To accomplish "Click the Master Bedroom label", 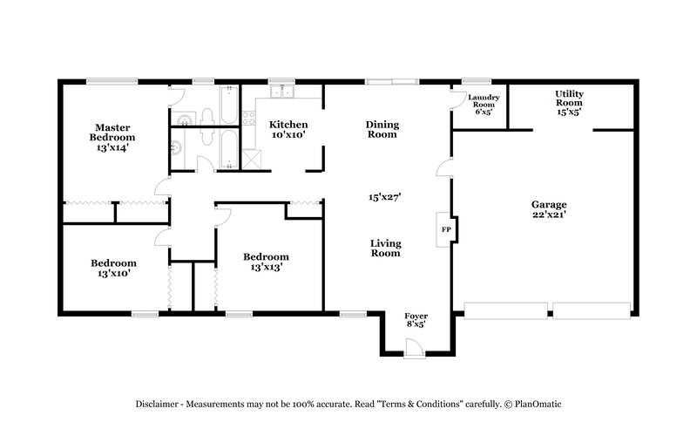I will coord(114,137).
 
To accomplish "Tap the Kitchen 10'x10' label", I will coord(288,130).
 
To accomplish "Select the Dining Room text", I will coord(382,129).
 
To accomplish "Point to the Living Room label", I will coord(384,249).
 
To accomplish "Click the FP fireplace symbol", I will coord(445,229).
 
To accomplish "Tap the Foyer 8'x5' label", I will coord(416,318).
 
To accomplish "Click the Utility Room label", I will coord(569,102).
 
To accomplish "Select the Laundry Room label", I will coord(483,105).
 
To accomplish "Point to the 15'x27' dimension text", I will coord(383,197).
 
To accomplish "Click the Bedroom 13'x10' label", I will coord(114,269).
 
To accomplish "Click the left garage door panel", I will coord(506,309).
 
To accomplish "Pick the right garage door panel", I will coord(592,309).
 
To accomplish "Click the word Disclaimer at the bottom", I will coord(158,405).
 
